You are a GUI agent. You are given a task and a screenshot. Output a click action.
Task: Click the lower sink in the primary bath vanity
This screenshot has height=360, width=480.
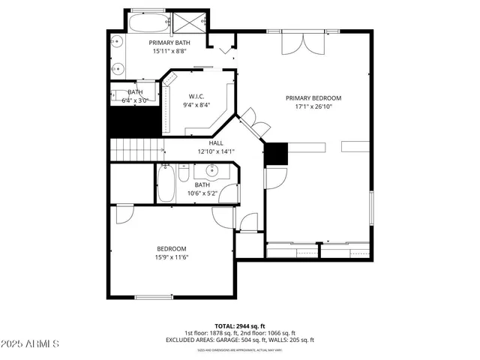118,68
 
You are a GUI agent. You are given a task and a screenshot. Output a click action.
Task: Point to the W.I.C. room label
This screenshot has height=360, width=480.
196,96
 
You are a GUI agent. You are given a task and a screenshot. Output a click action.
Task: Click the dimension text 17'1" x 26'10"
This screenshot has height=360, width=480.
313,107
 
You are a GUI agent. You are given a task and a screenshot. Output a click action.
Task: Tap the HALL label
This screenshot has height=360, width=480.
216,142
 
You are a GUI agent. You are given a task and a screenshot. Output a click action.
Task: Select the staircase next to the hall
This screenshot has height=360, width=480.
136,147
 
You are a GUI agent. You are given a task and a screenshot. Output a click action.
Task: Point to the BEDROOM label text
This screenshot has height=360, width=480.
171,249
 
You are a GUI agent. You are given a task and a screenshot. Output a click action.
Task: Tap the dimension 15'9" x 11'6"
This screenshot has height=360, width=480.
171,258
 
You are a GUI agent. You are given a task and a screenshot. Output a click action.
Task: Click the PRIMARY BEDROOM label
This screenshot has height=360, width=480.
313,98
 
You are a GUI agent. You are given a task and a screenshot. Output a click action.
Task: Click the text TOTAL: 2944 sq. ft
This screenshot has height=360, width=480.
239,325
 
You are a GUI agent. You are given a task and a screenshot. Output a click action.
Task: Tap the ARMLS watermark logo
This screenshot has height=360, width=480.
31,343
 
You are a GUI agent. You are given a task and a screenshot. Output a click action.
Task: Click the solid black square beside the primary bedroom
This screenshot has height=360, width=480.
276,154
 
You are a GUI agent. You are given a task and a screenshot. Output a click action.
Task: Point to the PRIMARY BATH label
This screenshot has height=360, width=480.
170,43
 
